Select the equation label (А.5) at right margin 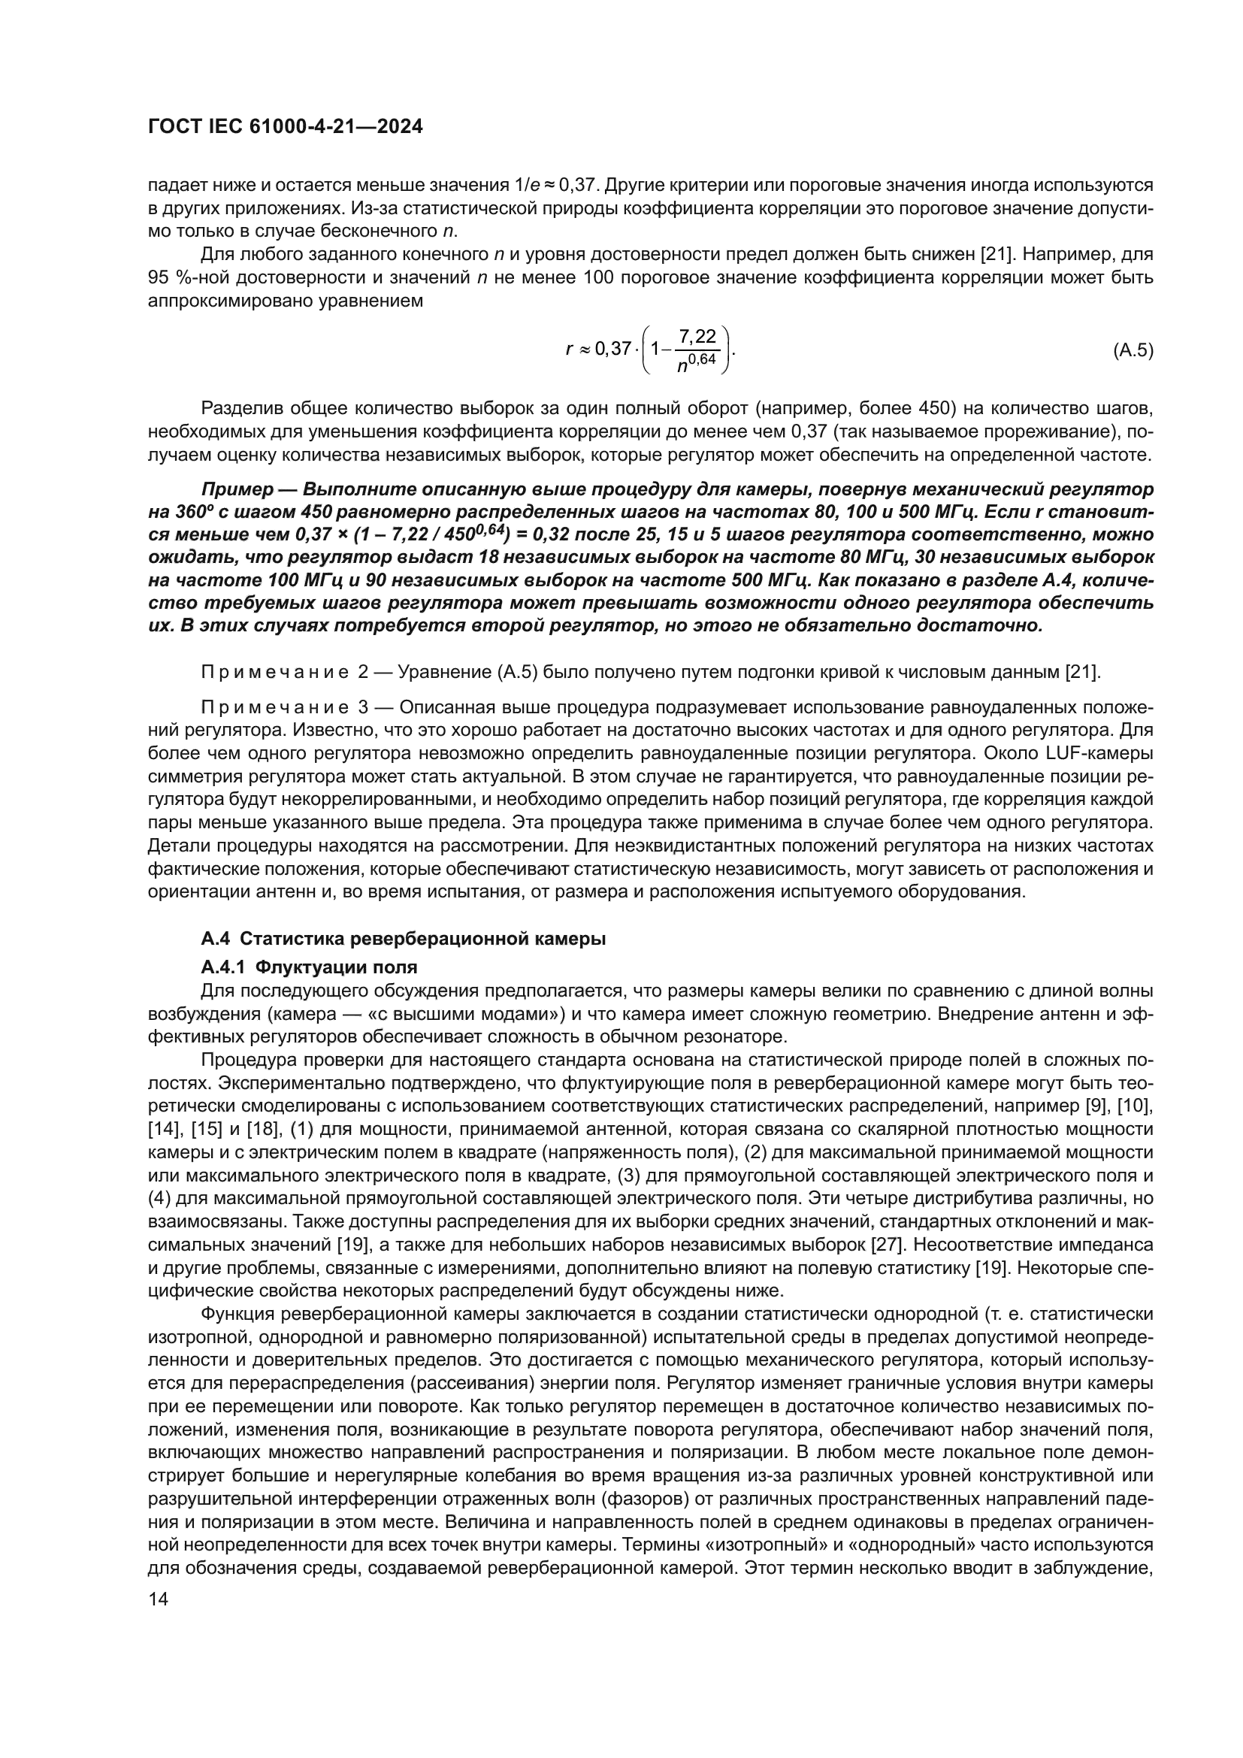tap(1133, 352)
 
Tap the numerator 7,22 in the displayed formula tap(697, 336)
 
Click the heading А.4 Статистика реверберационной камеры tap(404, 939)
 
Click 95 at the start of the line tap(158, 278)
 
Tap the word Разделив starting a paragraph tap(240, 408)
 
